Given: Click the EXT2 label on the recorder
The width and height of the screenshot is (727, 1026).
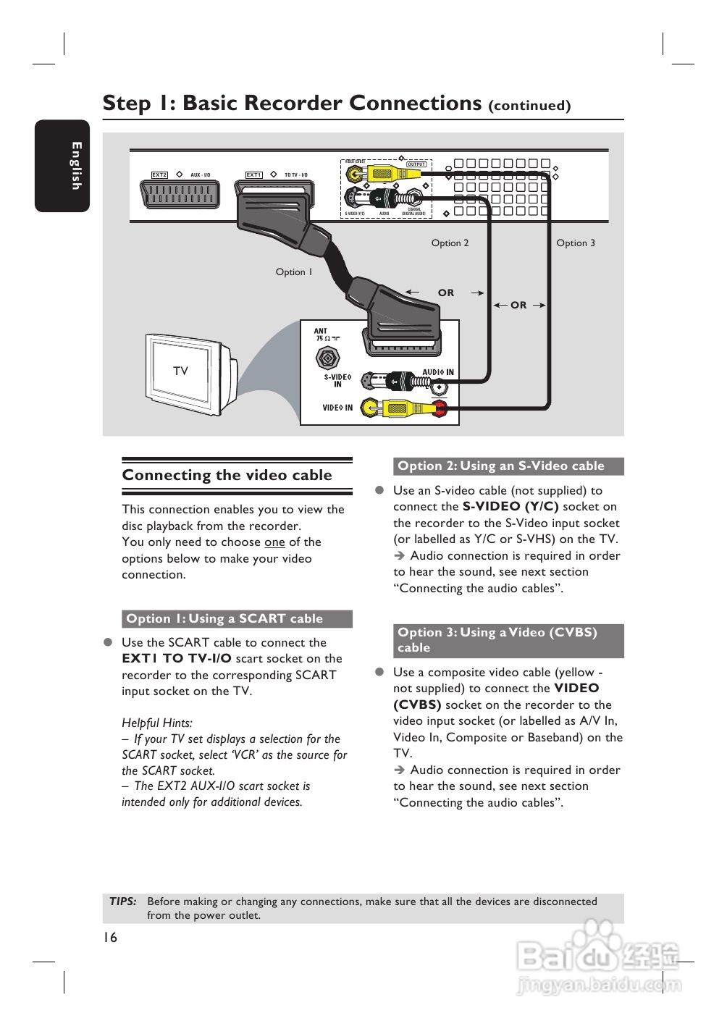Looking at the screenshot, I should [x=159, y=175].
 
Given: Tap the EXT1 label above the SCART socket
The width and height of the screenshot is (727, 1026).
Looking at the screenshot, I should [x=253, y=175].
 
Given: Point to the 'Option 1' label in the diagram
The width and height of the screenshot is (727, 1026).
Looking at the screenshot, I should [x=294, y=272].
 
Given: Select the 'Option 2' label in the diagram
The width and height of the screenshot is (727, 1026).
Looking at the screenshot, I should [x=450, y=243].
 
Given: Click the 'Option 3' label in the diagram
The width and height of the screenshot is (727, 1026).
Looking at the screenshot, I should [x=576, y=243].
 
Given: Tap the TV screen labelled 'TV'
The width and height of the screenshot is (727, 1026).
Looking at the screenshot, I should [x=181, y=371].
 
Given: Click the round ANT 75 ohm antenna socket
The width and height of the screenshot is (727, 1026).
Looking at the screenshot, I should [x=327, y=358].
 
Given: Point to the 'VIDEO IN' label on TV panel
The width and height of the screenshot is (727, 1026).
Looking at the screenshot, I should [x=337, y=408].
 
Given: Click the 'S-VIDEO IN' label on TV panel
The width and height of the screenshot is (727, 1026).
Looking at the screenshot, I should [x=337, y=380].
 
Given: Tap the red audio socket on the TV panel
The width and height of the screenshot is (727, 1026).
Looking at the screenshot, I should [x=440, y=408].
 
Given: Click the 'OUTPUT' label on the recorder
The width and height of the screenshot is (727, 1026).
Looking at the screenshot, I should [x=416, y=164].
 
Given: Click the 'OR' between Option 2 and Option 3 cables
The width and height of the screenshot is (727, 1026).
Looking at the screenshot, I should [x=518, y=306].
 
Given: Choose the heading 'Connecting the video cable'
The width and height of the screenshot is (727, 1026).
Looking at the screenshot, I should [x=227, y=476].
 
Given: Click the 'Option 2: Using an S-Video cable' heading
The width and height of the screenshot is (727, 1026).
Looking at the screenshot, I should [x=501, y=466].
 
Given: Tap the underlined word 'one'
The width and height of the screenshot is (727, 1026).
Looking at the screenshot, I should [x=274, y=542].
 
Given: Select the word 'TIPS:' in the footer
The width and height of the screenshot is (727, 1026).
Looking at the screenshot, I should [x=123, y=901].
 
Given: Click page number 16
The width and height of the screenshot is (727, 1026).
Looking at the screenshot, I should [x=110, y=938].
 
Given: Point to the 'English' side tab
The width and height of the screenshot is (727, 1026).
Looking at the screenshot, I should [x=76, y=166].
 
